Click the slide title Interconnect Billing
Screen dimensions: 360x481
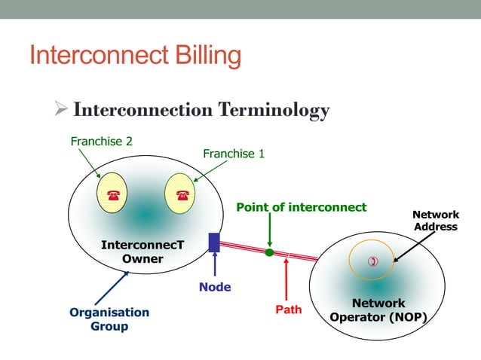[135, 56]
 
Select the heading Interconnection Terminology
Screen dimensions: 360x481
[201, 110]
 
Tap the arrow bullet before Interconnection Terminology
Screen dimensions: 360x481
[63, 110]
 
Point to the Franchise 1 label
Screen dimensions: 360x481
[234, 154]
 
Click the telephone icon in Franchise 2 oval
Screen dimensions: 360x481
[112, 195]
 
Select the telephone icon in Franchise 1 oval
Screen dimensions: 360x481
[181, 195]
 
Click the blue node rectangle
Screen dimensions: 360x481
[214, 243]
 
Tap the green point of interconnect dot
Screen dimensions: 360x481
[269, 252]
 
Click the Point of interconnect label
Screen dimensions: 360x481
[301, 207]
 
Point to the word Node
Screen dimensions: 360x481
[215, 287]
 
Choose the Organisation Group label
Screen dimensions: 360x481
[109, 319]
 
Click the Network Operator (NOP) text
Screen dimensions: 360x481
[378, 310]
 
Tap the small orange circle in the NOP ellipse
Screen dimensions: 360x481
[371, 261]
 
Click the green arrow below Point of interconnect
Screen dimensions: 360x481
[269, 230]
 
